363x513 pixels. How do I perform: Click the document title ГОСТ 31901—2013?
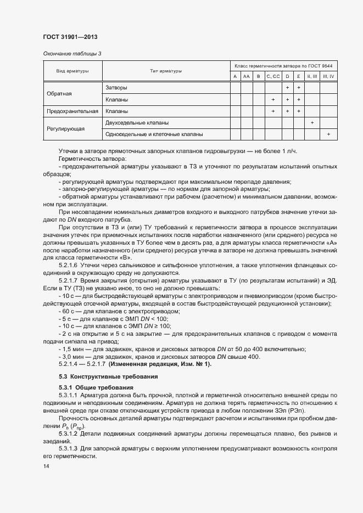(70, 37)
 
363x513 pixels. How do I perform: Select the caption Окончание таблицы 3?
(72, 53)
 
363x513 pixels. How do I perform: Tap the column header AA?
(247, 76)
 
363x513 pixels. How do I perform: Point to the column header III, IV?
(328, 76)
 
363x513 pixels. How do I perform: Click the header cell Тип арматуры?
(166, 71)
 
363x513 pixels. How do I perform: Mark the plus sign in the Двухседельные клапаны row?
(312, 123)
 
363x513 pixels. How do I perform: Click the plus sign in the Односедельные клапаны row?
(328, 134)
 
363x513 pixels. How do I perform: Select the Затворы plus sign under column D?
(287, 88)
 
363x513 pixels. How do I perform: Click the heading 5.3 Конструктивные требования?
(108, 376)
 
